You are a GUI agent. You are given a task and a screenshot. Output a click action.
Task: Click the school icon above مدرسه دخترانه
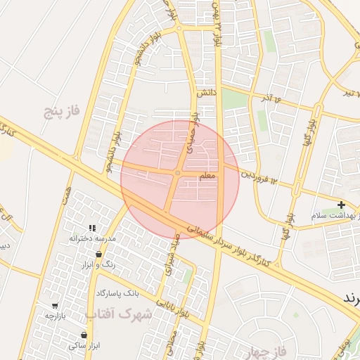click(x=92, y=227)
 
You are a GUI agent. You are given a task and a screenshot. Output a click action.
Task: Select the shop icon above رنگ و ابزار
click(x=98, y=254)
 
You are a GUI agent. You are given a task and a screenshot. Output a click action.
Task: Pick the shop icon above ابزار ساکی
click(x=84, y=335)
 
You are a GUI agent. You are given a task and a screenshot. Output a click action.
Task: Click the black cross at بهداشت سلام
click(x=341, y=205)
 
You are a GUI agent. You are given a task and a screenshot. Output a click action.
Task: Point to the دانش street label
click(x=205, y=92)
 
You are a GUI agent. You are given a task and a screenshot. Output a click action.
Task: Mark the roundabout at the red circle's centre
click(x=178, y=173)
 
